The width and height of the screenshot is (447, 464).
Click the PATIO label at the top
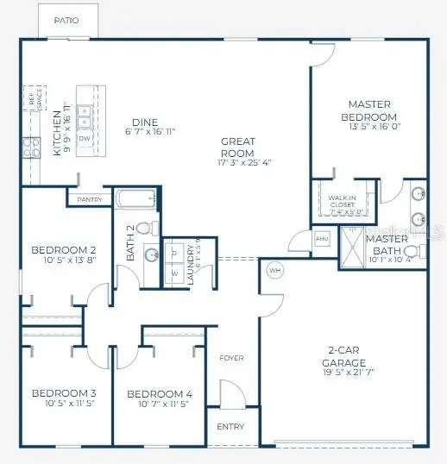point(66,20)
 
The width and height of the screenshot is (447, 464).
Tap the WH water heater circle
point(276,270)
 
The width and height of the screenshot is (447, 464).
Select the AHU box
point(322,238)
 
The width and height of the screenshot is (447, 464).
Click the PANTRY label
point(90,200)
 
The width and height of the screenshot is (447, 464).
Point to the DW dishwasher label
point(84,138)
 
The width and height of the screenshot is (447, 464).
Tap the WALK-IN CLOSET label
point(342,204)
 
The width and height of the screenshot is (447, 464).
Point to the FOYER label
point(231,357)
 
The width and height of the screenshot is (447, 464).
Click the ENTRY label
point(231,426)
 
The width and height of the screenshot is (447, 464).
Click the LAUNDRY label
point(196,254)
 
